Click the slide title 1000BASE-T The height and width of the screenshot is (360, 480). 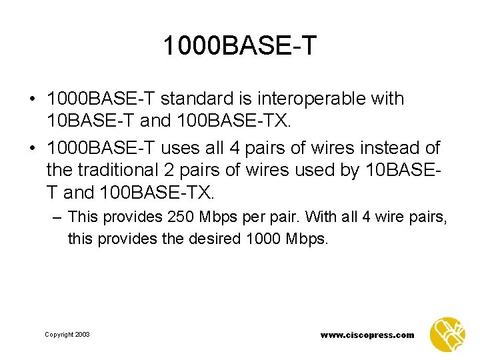click(x=240, y=47)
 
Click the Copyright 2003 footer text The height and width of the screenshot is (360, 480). click(x=67, y=335)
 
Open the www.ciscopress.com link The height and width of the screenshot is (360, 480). click(x=367, y=335)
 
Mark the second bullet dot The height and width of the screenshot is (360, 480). click(x=31, y=148)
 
